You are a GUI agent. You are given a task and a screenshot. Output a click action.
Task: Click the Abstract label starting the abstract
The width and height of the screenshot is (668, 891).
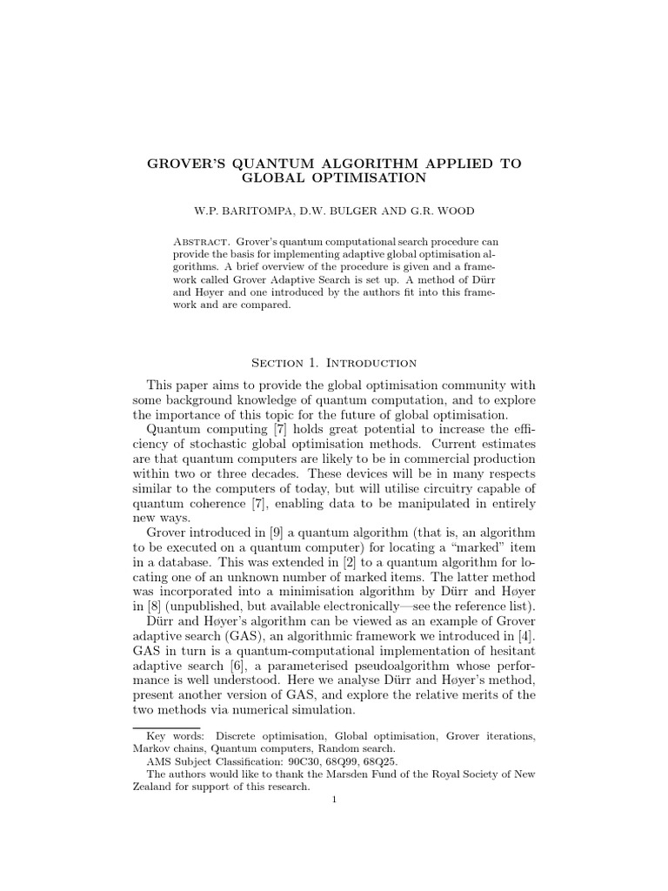(199, 240)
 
